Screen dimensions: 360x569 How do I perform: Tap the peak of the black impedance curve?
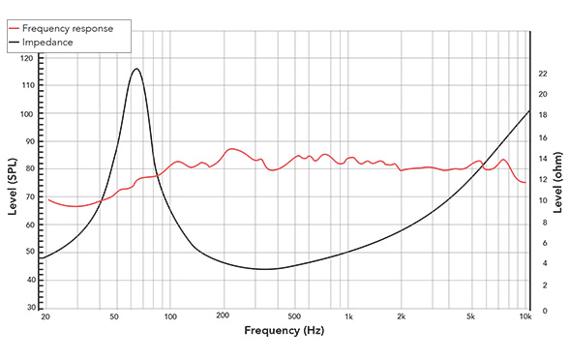tap(136, 69)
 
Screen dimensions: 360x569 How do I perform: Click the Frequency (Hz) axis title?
tap(284, 331)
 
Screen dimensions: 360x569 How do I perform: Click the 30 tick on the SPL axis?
tap(30, 307)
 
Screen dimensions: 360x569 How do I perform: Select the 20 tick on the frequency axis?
tap(45, 317)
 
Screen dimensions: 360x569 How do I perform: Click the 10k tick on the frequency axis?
tap(525, 317)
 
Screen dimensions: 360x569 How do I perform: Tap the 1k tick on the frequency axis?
tap(349, 317)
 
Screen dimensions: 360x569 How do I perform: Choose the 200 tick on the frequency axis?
tap(224, 317)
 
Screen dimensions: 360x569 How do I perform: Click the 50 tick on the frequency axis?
tap(115, 317)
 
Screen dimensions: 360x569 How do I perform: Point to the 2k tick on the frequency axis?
tap(403, 317)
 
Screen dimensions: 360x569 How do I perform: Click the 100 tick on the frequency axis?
tap(170, 317)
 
